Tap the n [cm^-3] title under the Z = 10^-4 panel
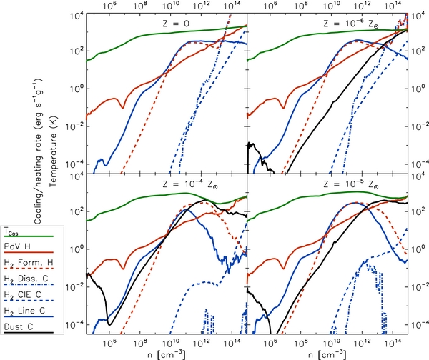(164, 354)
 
